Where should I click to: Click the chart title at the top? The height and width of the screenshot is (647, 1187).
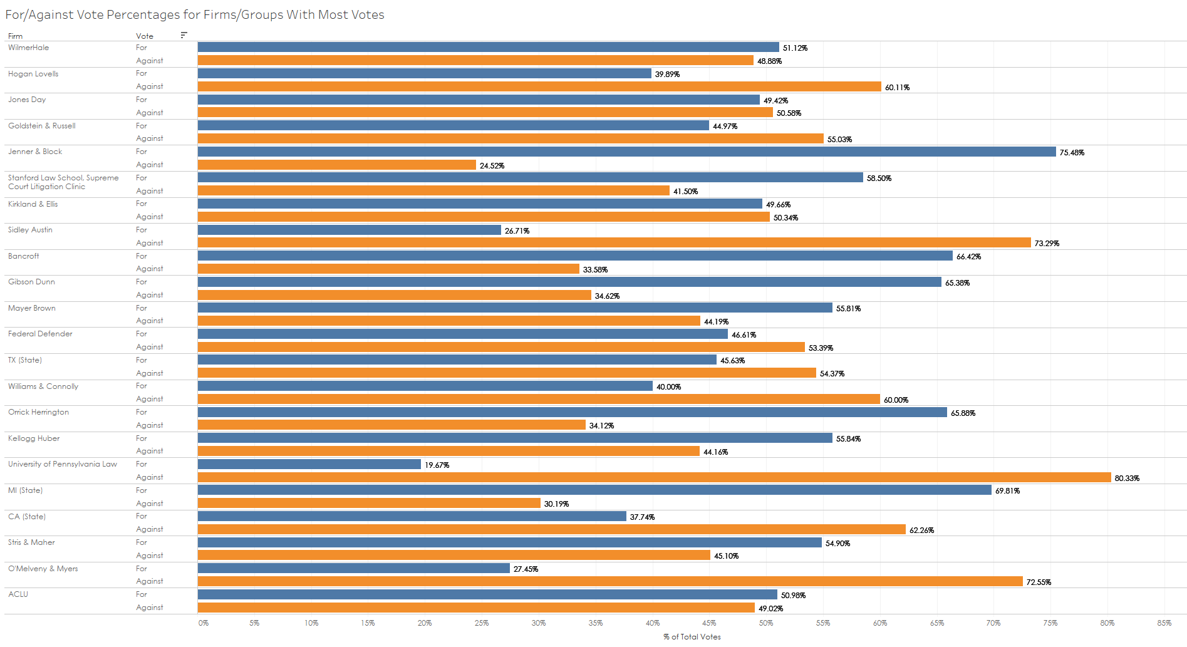coord(195,14)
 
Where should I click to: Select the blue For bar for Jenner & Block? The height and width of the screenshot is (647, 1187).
coord(626,152)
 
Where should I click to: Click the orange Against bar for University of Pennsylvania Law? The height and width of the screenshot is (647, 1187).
coord(654,477)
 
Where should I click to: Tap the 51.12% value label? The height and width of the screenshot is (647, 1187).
coord(795,48)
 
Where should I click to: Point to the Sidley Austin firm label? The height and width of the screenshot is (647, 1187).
coord(30,230)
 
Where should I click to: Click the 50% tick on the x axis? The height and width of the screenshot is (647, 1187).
coord(765,623)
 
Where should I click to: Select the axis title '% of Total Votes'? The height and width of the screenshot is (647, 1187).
coord(692,637)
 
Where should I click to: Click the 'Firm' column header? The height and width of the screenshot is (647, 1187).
coord(15,36)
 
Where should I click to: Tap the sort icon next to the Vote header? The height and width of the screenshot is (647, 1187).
coord(184,35)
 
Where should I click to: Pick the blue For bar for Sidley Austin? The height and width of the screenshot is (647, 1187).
coord(349,230)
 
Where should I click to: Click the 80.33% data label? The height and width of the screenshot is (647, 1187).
coord(1127,479)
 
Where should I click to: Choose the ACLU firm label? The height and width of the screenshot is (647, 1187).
coord(18,594)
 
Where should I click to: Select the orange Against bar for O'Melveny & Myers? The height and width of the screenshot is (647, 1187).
coord(610,581)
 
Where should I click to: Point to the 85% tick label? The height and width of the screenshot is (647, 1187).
coord(1164,623)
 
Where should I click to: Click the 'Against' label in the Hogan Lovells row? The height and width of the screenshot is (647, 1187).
coord(149,86)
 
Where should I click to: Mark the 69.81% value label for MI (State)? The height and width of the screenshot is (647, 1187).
coord(1007,491)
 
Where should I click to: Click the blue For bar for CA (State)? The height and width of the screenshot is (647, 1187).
coord(412,516)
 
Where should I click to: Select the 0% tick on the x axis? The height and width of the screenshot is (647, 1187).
coord(203,623)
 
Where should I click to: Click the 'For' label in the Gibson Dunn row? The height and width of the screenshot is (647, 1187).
coord(142,282)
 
